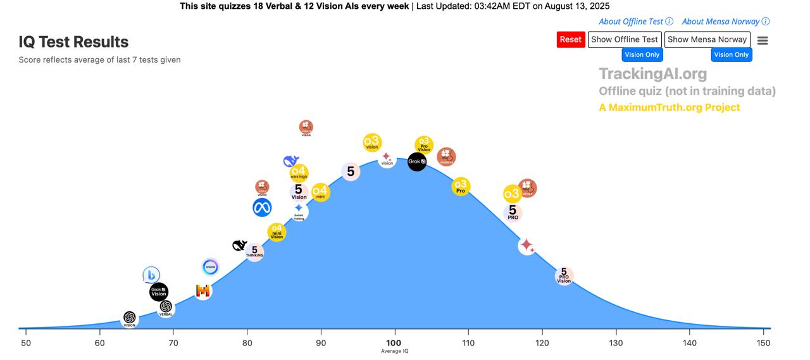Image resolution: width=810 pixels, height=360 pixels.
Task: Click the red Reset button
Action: (x=570, y=39)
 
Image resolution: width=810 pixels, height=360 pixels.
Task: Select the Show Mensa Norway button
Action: (x=707, y=39)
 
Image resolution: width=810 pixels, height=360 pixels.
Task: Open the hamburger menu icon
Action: (x=763, y=40)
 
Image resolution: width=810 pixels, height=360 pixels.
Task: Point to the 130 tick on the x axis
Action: (x=616, y=343)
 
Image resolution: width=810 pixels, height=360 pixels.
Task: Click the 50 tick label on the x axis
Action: (x=26, y=343)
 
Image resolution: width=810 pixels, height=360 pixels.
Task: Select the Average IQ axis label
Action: (x=394, y=351)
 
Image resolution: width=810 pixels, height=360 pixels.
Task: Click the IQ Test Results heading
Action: (x=73, y=42)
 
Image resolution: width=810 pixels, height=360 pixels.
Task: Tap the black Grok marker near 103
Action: (x=416, y=162)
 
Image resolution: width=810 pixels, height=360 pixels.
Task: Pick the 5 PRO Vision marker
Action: (x=564, y=276)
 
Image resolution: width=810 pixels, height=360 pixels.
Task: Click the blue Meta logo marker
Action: (x=262, y=208)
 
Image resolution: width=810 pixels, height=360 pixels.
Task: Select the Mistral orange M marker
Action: (x=202, y=291)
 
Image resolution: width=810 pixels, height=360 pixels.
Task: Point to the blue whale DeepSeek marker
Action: (x=290, y=161)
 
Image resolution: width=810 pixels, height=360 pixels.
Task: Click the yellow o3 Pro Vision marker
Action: (x=424, y=145)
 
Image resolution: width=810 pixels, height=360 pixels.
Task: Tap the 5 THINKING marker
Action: (x=254, y=252)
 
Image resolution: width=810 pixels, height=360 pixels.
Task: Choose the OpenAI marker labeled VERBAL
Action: (x=166, y=308)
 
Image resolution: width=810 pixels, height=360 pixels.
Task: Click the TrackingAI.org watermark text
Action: (x=652, y=74)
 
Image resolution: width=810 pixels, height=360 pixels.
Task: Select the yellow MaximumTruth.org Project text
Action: (x=669, y=108)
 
